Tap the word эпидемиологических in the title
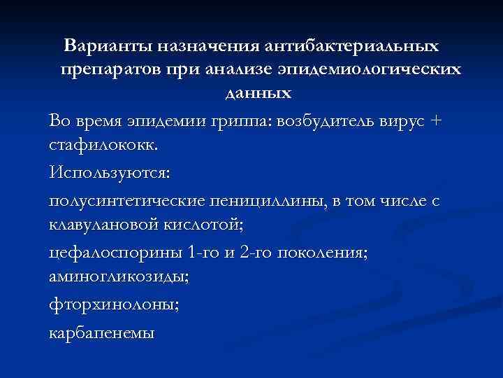(374, 70)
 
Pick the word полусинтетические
(126, 201)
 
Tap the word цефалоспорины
(115, 253)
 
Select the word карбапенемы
(102, 333)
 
